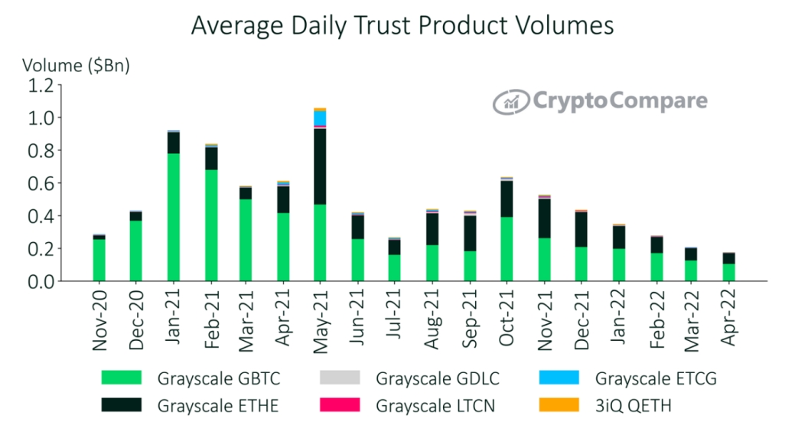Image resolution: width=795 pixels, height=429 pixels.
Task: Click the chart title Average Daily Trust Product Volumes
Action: [402, 25]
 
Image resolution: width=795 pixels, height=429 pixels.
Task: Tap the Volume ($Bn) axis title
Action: [76, 65]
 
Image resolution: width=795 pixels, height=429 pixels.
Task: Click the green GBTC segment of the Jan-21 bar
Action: [173, 217]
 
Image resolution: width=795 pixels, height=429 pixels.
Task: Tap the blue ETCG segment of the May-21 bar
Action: [320, 118]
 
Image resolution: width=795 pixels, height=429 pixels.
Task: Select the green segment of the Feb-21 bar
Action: [210, 225]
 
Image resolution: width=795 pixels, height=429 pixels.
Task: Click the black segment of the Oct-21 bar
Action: [506, 198]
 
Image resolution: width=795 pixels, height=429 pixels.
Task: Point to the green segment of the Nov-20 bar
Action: [99, 260]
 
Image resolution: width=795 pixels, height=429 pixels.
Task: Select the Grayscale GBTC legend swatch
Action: [122, 378]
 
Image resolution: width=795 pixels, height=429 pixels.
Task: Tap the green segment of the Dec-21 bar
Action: [580, 264]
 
